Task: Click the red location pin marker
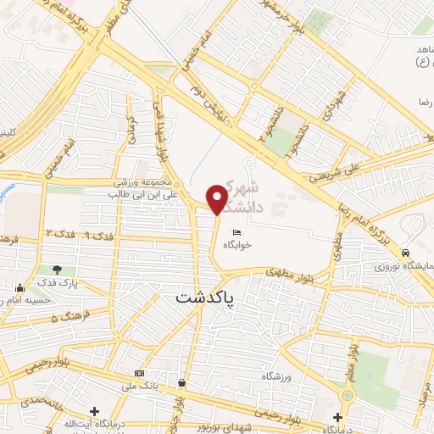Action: click(217, 198)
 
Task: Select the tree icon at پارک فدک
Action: click(58, 269)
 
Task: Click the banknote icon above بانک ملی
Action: click(139, 373)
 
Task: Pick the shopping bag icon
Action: click(181, 382)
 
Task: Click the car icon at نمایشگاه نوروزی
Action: click(407, 253)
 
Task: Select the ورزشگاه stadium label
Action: click(280, 375)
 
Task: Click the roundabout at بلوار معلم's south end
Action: click(347, 395)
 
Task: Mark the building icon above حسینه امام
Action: click(19, 286)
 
